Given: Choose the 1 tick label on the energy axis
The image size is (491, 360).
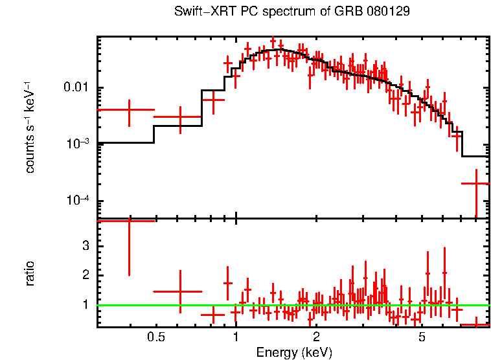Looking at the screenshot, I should (x=236, y=337).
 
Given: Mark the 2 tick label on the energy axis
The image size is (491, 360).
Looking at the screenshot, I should (x=316, y=337).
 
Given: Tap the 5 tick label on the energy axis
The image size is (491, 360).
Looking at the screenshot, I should (x=422, y=337).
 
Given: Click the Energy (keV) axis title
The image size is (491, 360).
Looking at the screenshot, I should (x=294, y=352).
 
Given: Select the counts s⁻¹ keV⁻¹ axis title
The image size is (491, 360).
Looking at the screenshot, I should (x=30, y=127).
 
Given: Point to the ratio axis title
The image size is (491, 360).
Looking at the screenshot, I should (x=30, y=273).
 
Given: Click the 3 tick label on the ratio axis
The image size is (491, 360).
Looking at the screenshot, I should (x=84, y=246).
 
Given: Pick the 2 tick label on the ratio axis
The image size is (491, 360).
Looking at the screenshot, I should (x=84, y=275).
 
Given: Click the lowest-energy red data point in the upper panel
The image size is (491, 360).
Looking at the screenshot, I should (x=129, y=111).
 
